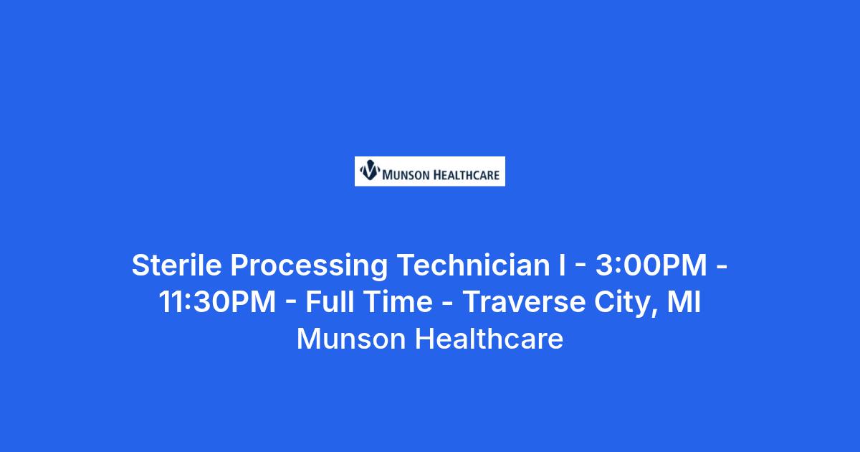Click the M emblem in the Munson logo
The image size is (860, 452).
[370, 170]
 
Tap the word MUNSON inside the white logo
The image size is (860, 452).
[406, 175]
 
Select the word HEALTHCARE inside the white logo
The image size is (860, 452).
[467, 175]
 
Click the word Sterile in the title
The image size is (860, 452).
[176, 265]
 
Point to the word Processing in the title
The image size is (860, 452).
[309, 266]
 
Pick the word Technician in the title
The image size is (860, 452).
[474, 265]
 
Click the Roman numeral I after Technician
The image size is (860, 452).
[563, 265]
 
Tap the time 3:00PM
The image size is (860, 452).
[651, 265]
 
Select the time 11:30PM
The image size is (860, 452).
[217, 302]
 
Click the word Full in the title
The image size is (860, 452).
[330, 302]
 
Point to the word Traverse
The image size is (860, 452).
[524, 302]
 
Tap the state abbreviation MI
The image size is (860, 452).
[684, 302]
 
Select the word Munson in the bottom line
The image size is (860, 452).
[351, 339]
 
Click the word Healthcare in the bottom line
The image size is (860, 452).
[489, 339]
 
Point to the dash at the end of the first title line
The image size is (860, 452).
[722, 266]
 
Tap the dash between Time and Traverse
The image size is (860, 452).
[448, 303]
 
